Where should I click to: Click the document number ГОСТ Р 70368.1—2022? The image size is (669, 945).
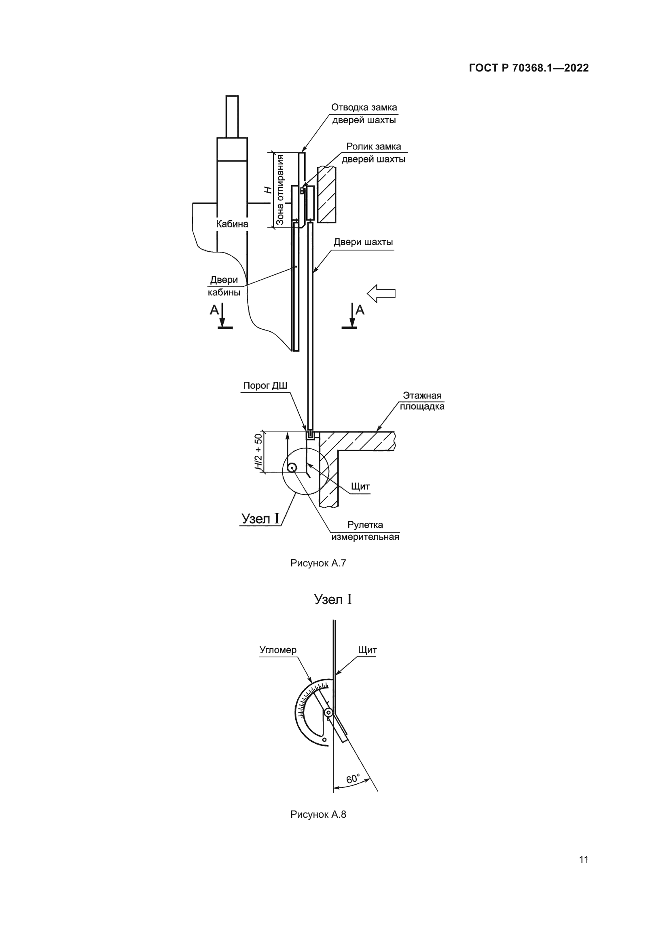[529, 68]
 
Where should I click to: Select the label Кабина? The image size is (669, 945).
[232, 224]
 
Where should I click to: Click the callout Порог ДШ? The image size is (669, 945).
[265, 386]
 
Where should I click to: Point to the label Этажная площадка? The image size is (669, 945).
[422, 401]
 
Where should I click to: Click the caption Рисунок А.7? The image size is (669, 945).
[318, 563]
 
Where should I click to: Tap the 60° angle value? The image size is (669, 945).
[353, 779]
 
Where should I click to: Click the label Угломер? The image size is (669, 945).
[277, 650]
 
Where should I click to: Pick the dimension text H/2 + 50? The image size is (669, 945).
[258, 452]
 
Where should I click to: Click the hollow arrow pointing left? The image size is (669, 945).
[381, 293]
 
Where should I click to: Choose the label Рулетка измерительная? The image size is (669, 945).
[365, 530]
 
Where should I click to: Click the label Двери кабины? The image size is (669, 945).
[224, 286]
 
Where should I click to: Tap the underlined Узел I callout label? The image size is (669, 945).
[260, 519]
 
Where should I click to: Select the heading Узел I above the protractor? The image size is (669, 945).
[333, 599]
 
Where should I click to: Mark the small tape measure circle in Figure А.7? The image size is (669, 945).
[292, 467]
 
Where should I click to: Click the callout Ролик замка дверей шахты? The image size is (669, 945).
[373, 153]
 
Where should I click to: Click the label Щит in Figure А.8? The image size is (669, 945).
[367, 650]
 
